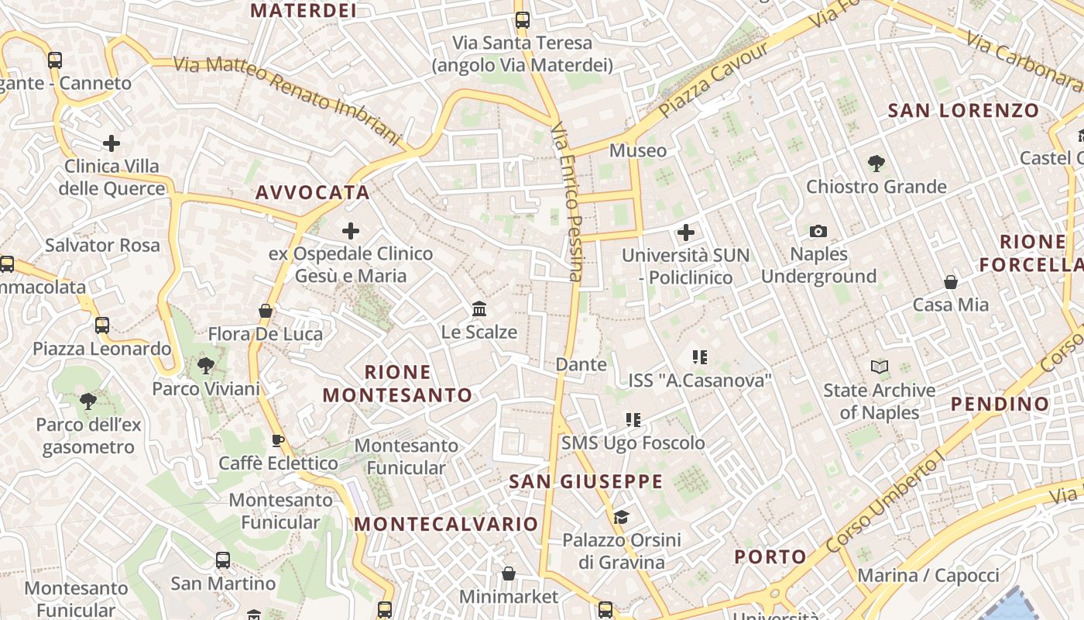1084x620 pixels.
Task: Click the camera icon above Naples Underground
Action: (x=818, y=231)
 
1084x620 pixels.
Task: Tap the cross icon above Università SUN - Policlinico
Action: (x=685, y=232)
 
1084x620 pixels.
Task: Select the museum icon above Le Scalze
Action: (x=479, y=309)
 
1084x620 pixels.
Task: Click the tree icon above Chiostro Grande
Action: (x=876, y=163)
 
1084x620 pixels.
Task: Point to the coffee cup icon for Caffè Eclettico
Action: (x=278, y=440)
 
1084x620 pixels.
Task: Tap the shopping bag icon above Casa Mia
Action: (x=950, y=282)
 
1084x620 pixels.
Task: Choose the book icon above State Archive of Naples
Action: (x=879, y=367)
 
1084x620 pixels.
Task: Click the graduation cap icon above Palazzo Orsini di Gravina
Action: (x=621, y=517)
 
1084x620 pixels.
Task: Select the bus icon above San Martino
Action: (x=223, y=560)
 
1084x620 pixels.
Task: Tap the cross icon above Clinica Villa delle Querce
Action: (x=111, y=143)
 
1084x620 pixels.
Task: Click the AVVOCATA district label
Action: (x=313, y=192)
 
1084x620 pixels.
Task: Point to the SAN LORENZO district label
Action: (x=963, y=110)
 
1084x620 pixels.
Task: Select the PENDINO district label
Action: (x=1000, y=403)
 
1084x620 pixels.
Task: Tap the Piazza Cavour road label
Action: (x=714, y=80)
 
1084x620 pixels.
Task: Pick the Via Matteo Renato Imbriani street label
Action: (x=287, y=100)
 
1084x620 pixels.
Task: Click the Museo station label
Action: (x=637, y=150)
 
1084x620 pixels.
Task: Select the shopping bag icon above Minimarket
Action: (x=509, y=573)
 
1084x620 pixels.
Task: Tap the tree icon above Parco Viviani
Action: (x=205, y=365)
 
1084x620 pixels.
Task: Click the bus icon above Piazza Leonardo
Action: (x=102, y=325)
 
